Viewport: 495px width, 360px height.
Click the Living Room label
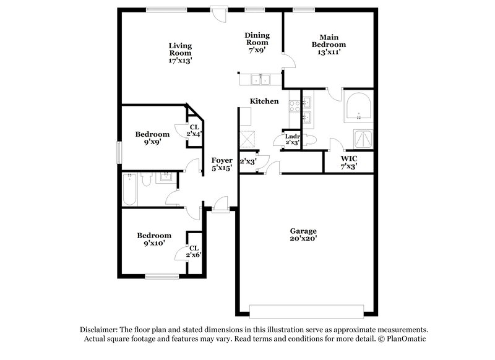click(x=181, y=53)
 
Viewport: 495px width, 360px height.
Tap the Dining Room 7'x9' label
click(x=257, y=43)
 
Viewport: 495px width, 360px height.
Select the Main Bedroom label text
click(x=328, y=45)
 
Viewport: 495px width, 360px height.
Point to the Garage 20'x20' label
click(x=304, y=234)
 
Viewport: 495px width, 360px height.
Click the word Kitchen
click(x=264, y=101)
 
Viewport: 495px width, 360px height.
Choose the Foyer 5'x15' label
click(x=222, y=164)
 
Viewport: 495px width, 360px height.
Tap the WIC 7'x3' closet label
click(x=348, y=162)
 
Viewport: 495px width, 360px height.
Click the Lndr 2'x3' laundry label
click(x=292, y=139)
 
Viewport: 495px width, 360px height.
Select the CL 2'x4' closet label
click(x=194, y=131)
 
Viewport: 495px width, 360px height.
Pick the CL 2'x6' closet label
click(x=194, y=252)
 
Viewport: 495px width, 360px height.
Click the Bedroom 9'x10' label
click(x=153, y=239)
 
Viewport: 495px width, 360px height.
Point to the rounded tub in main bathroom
click(x=358, y=108)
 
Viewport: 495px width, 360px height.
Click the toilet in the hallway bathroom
click(x=147, y=180)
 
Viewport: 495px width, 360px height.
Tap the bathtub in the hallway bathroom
click(x=131, y=189)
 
